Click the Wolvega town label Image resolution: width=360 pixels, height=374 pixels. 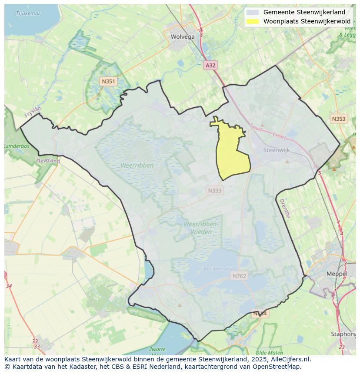pyautogui.click(x=183, y=36)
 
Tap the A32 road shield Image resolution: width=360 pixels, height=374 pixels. pyautogui.click(x=210, y=65)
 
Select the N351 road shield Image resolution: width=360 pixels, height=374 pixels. pyautogui.click(x=108, y=81)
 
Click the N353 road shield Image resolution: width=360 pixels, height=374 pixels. pyautogui.click(x=338, y=119)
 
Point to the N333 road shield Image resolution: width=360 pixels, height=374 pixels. pyautogui.click(x=215, y=190)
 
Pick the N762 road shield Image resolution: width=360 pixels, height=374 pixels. pyautogui.click(x=239, y=276)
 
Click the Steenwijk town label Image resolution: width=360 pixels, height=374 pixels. pyautogui.click(x=277, y=150)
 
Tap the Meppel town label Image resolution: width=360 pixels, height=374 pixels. pyautogui.click(x=337, y=274)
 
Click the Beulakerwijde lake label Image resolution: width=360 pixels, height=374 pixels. pyautogui.click(x=220, y=269)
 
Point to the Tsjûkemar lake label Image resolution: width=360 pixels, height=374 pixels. pyautogui.click(x=28, y=13)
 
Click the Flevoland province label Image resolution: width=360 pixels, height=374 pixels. pyautogui.click(x=48, y=161)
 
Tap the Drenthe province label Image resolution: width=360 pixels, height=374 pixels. pyautogui.click(x=284, y=209)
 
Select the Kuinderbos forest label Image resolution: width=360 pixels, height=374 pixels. pyautogui.click(x=17, y=146)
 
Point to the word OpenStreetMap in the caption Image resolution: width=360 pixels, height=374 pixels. pyautogui.click(x=278, y=367)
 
